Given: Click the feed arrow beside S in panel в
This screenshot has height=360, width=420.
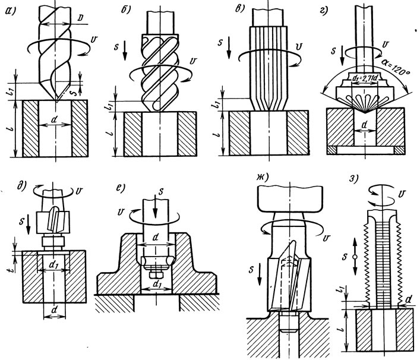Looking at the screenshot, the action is [229, 48].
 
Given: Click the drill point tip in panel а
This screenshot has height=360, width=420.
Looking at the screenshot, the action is [57, 101].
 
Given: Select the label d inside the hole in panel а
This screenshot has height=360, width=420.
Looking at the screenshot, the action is [55, 120].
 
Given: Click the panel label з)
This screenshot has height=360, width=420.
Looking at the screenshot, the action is [354, 179].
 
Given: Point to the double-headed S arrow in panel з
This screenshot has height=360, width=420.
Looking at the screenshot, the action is [355, 257].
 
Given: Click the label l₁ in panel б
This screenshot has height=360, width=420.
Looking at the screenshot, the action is [108, 107].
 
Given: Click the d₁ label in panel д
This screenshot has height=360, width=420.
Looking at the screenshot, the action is [52, 264].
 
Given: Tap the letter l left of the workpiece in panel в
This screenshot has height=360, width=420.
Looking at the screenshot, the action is [218, 133].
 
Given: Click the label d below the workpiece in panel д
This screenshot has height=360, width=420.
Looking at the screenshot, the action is [55, 310].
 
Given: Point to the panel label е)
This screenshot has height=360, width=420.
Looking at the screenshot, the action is [120, 188].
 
